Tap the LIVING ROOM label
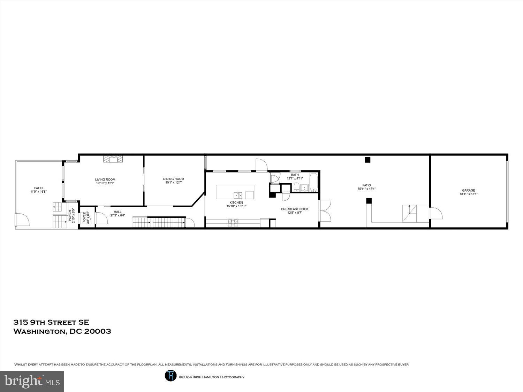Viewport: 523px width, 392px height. (105, 179)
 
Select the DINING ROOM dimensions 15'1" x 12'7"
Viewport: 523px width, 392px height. (173, 183)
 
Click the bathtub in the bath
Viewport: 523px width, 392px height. (313, 183)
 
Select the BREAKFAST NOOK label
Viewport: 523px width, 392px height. (295, 209)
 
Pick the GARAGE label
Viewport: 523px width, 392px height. (468, 190)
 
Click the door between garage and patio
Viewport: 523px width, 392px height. (436, 213)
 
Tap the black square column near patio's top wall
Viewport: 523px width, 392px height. (367, 160)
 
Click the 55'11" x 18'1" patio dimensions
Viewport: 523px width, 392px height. (366, 189)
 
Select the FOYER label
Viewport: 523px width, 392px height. (84, 217)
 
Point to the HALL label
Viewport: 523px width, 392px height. (118, 212)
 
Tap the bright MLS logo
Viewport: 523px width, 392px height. (32, 381)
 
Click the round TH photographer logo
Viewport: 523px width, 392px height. (170, 375)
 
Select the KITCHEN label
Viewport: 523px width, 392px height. (236, 202)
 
